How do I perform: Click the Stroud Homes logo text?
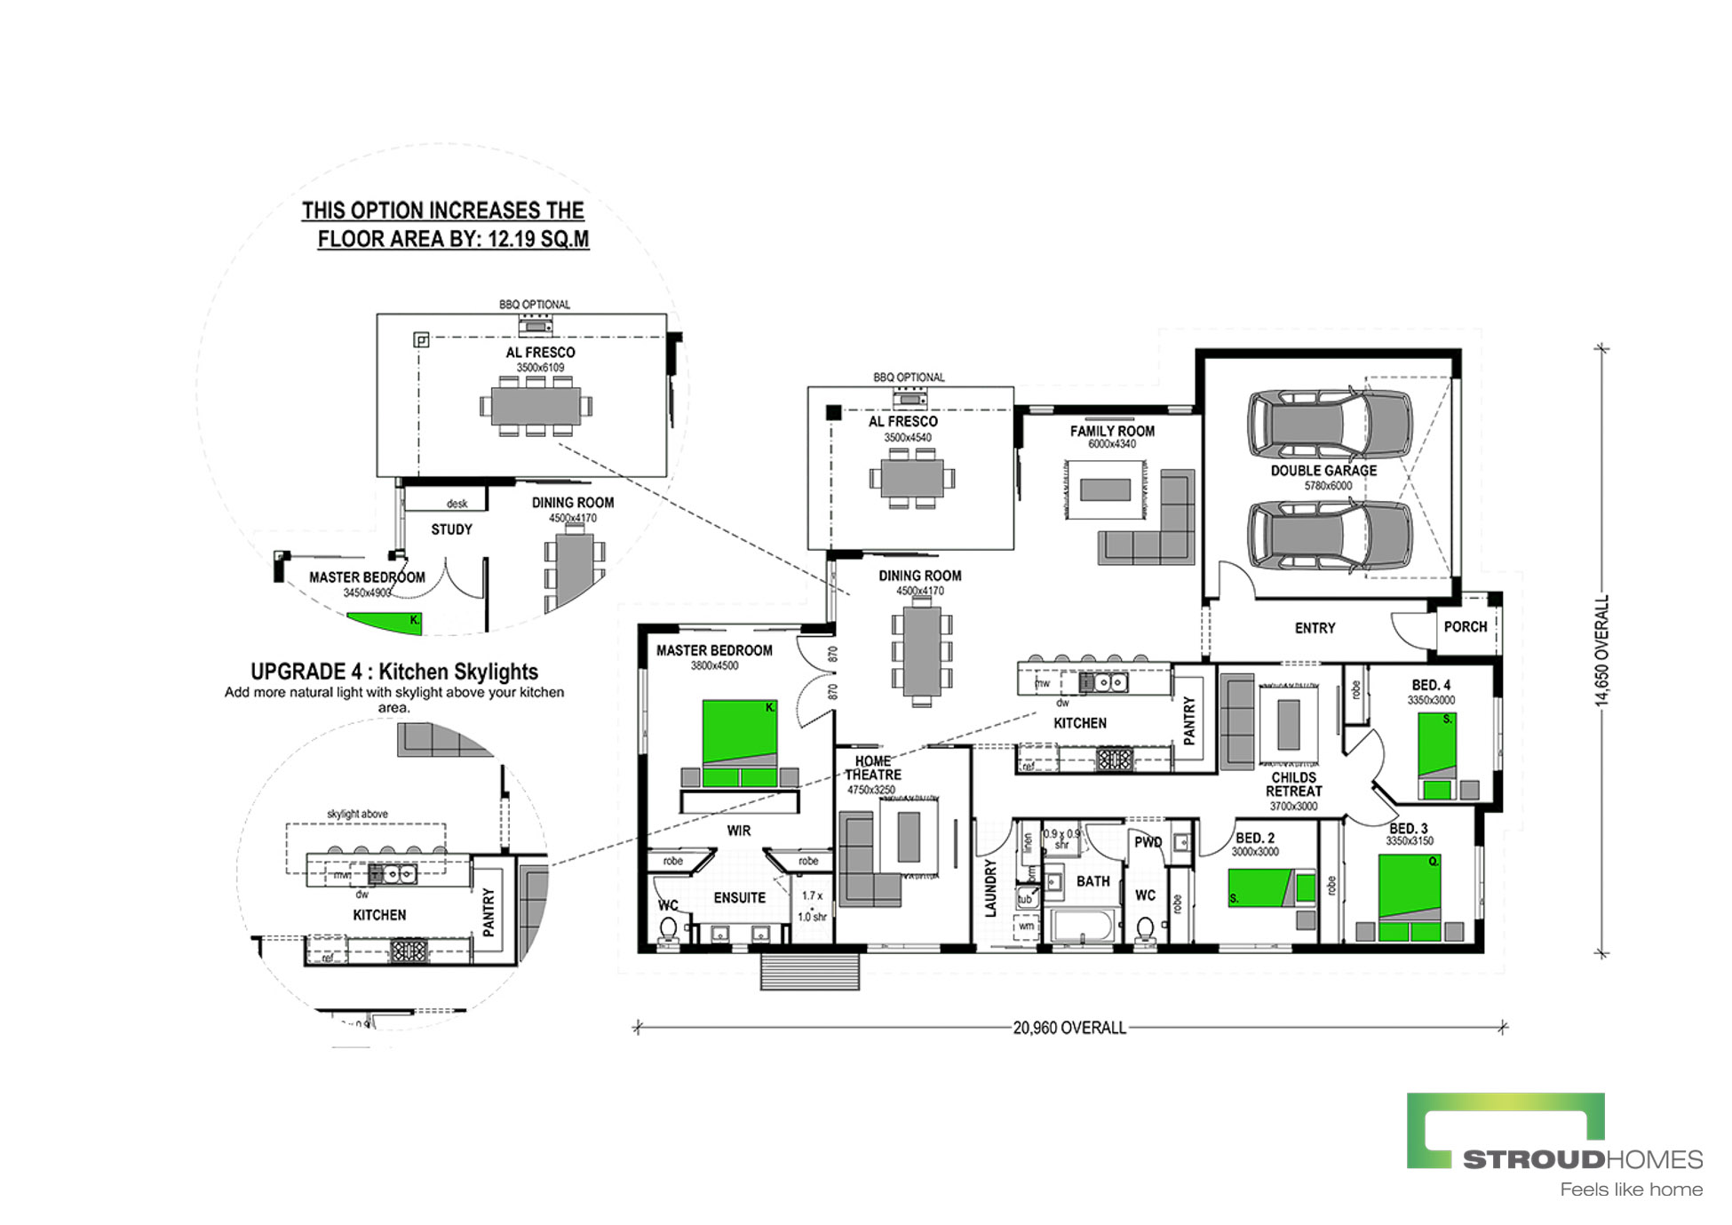[1582, 1159]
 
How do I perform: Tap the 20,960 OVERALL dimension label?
[1069, 1028]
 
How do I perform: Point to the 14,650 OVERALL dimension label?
[1601, 651]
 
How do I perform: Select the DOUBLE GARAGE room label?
[1323, 471]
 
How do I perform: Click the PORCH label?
[1465, 627]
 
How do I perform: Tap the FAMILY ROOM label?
[1112, 432]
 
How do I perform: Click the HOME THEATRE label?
[872, 768]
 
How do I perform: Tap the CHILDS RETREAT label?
[1293, 784]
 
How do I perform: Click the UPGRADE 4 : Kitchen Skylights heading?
[394, 672]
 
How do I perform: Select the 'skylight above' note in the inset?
[357, 814]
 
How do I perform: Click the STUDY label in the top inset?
[451, 529]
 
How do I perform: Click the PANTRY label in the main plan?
[1189, 720]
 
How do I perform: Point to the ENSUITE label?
[739, 898]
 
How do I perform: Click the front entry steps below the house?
[809, 971]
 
